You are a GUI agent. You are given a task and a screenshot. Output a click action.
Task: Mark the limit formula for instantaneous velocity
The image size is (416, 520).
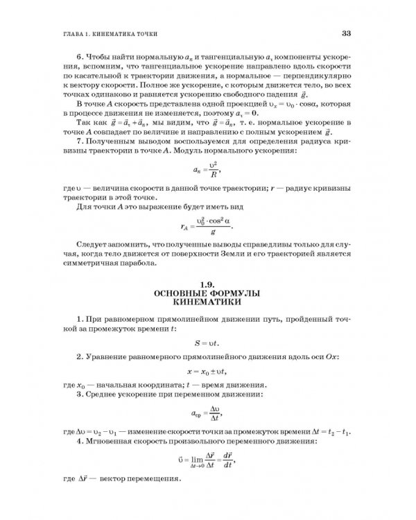click(208, 459)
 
